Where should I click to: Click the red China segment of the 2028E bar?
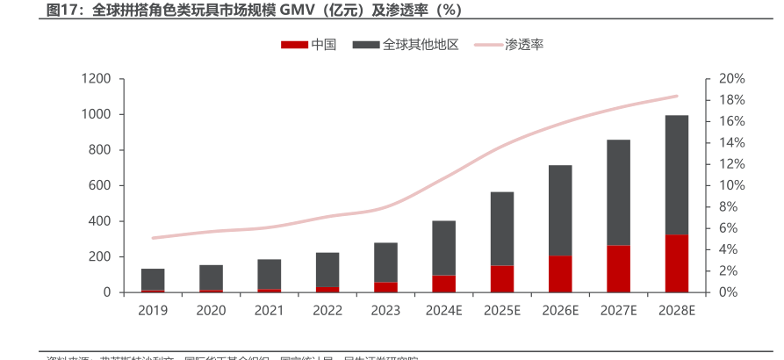(x=676, y=263)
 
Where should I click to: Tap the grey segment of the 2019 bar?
(x=153, y=279)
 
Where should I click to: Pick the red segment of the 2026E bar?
(x=560, y=274)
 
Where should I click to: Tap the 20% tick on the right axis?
(x=730, y=79)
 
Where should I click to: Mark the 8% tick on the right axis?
(x=727, y=207)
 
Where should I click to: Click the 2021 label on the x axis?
(x=270, y=310)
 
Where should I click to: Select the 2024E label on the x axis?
(x=443, y=310)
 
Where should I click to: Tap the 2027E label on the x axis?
(x=618, y=310)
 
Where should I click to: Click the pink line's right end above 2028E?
(x=677, y=96)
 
